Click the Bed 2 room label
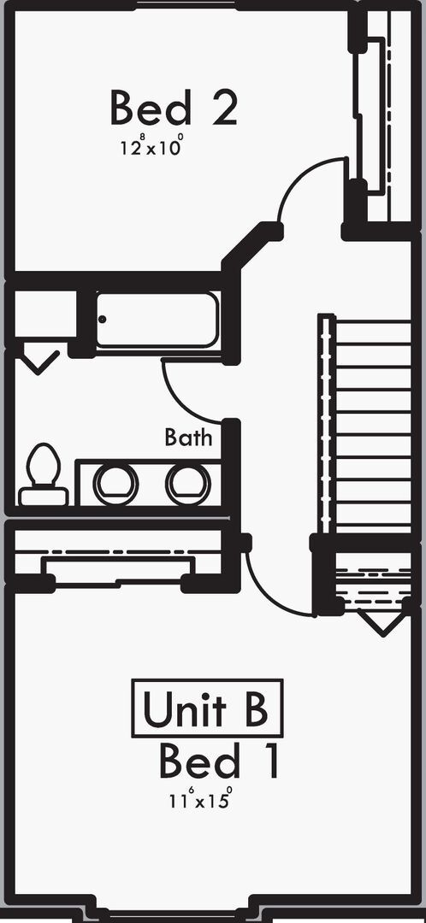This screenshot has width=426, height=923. (174, 108)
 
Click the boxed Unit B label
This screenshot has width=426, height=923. (207, 708)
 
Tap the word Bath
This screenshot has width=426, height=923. (188, 438)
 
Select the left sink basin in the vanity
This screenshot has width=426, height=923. (116, 484)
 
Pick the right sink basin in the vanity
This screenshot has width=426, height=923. (188, 484)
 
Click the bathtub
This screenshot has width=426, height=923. (157, 320)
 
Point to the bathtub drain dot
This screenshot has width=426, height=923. (103, 319)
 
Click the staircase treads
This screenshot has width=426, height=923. (365, 424)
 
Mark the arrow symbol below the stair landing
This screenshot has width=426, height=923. (383, 624)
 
